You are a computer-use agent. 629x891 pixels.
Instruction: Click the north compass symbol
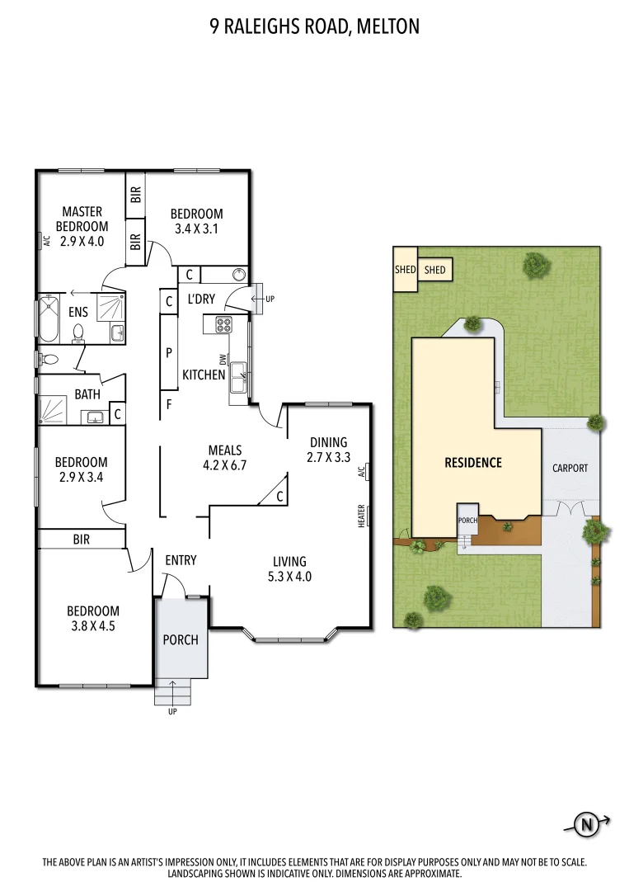point(586,823)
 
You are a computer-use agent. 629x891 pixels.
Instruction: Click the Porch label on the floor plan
point(181,639)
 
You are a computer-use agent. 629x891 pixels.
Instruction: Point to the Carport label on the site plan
point(570,468)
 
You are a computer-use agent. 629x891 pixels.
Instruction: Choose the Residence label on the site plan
point(473,463)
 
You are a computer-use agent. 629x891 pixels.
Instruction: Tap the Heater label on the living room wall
point(361,516)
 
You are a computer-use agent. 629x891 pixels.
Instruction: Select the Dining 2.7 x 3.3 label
point(328,449)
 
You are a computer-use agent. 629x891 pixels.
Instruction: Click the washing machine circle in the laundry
point(239,276)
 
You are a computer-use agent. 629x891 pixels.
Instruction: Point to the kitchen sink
point(239,379)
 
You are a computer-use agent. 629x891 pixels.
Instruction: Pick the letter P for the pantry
point(169,353)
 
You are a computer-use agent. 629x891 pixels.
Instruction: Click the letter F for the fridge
point(169,404)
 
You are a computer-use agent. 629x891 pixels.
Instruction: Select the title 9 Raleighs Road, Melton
point(314,27)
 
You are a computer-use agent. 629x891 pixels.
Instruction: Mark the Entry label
point(181,560)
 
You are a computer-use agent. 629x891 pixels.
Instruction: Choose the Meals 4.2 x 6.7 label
point(225,457)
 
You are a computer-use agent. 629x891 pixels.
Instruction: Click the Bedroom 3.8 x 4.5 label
point(93,618)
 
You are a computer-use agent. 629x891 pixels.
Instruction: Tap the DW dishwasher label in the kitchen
point(223,360)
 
